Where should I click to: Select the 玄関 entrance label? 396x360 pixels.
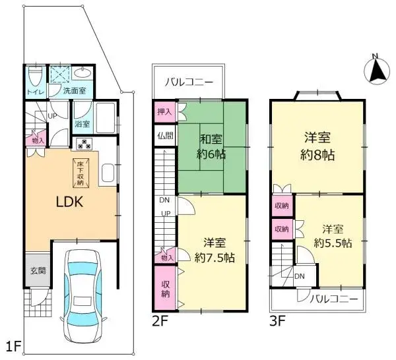(37, 271)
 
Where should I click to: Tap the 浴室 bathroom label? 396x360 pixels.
(82, 123)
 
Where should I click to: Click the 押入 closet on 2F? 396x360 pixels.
(164, 112)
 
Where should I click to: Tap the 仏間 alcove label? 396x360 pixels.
(164, 136)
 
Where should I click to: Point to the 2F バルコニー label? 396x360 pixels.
(189, 83)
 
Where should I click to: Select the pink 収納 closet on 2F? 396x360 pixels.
(165, 288)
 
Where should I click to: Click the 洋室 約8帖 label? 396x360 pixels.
(317, 146)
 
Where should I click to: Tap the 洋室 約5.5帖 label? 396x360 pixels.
(332, 236)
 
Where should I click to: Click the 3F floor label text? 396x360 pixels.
(277, 323)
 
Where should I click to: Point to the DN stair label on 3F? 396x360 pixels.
(300, 276)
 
